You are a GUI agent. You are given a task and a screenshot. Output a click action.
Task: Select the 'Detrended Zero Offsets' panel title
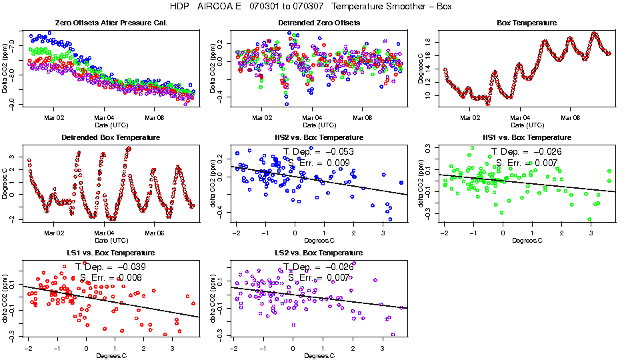pyautogui.click(x=319, y=23)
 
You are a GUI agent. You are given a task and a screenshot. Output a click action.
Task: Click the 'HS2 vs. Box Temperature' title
pyautogui.click(x=319, y=137)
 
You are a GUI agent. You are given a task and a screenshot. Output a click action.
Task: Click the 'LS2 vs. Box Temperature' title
pyautogui.click(x=319, y=253)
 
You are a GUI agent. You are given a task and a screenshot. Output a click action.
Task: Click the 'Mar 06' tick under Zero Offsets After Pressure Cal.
pyautogui.click(x=154, y=117)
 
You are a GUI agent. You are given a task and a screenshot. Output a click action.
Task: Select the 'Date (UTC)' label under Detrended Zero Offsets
pyautogui.click(x=319, y=125)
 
